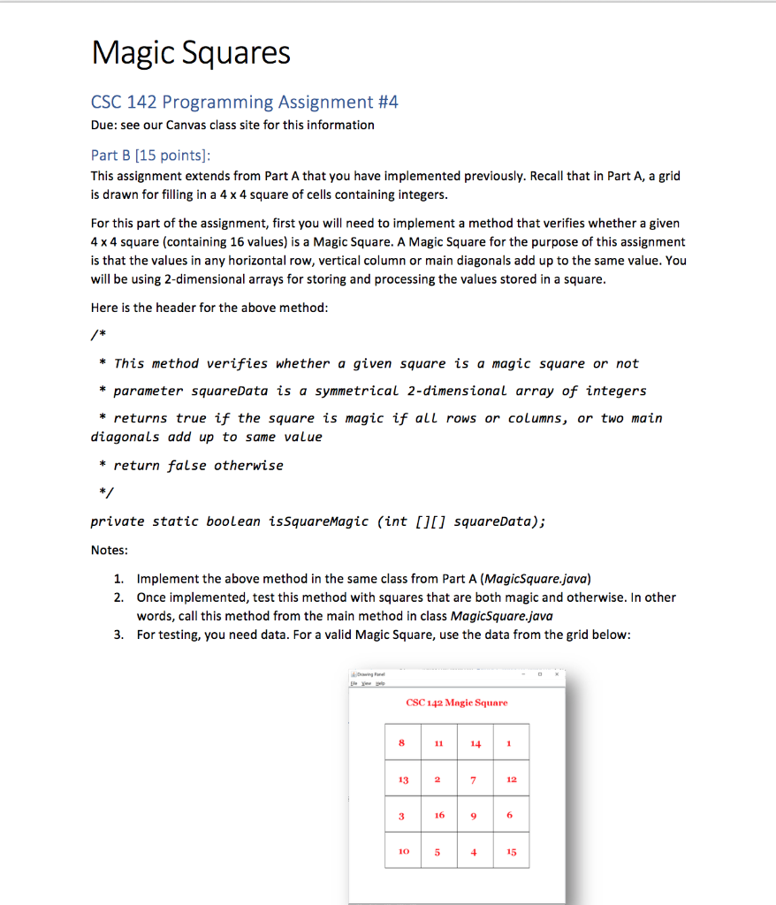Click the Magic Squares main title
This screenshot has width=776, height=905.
pos(191,54)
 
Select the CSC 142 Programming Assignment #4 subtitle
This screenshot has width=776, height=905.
pos(245,102)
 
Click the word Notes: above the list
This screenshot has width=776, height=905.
pos(109,550)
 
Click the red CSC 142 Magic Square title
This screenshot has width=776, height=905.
pos(456,703)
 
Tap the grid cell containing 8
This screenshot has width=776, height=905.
pos(402,743)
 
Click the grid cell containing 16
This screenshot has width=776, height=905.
pos(439,815)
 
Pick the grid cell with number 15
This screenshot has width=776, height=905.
pos(511,852)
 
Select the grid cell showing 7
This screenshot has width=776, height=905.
pos(475,780)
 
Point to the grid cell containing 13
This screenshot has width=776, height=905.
pos(403,780)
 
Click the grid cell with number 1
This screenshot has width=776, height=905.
pos(510,743)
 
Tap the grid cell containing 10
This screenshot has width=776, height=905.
pos(403,852)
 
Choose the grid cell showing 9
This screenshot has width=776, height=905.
pos(475,815)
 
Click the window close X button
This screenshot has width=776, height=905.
pos(557,673)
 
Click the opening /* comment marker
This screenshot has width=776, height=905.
pos(95,336)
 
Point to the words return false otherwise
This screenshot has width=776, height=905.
pos(198,465)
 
